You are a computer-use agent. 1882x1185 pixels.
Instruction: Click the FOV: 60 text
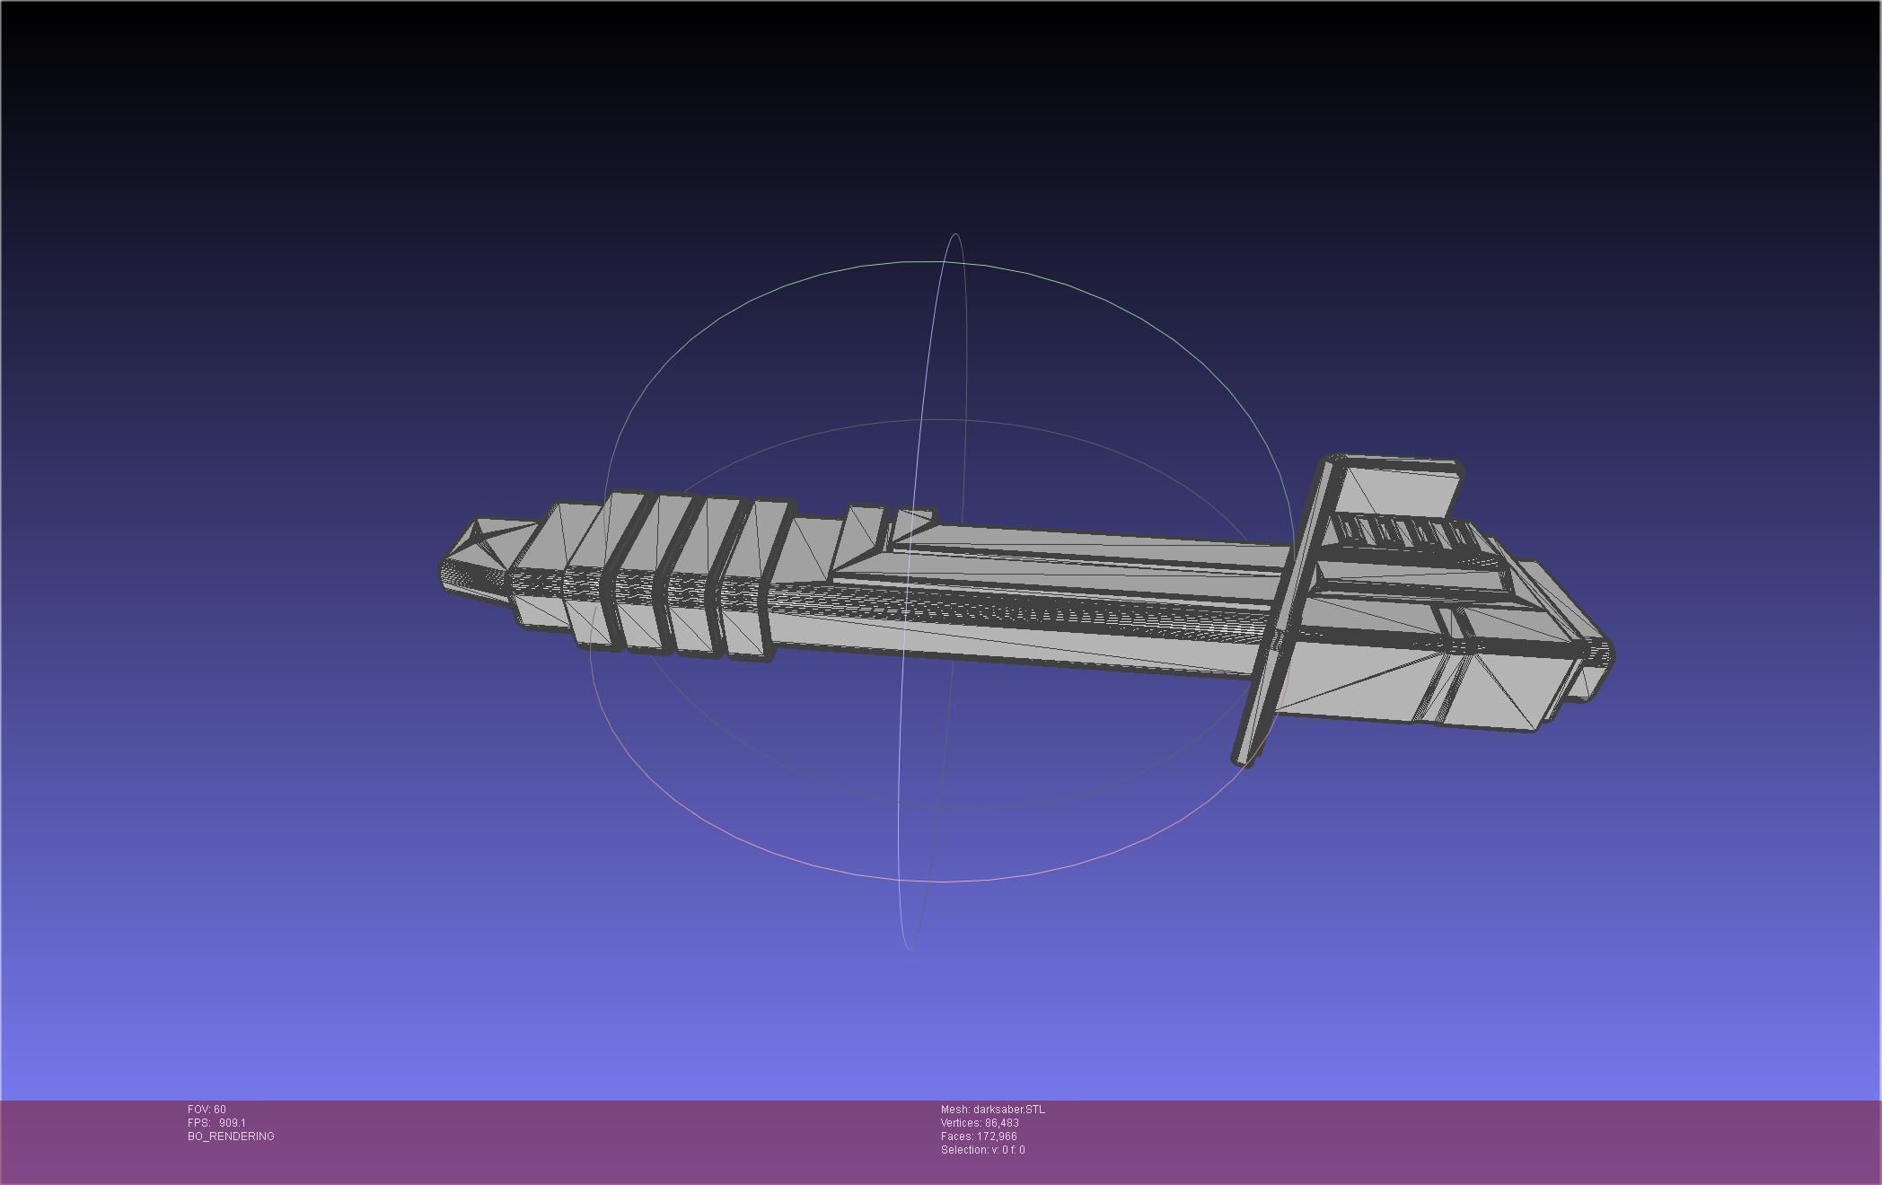click(207, 1110)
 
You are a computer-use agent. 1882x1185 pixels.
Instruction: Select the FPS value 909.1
click(232, 1123)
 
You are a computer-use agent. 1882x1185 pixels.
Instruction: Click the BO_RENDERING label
click(231, 1137)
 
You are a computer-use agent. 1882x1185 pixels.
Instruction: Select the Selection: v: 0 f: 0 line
click(982, 1150)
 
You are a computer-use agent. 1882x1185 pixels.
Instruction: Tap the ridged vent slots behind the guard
click(1401, 533)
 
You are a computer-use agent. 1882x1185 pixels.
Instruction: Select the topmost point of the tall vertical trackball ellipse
click(955, 235)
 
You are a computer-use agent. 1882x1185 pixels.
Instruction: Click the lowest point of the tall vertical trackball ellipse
click(909, 947)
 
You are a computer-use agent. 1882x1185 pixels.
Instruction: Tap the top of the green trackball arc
click(934, 262)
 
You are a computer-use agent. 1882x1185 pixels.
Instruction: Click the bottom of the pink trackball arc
click(943, 882)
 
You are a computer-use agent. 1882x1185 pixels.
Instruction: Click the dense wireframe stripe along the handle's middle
click(988, 610)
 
